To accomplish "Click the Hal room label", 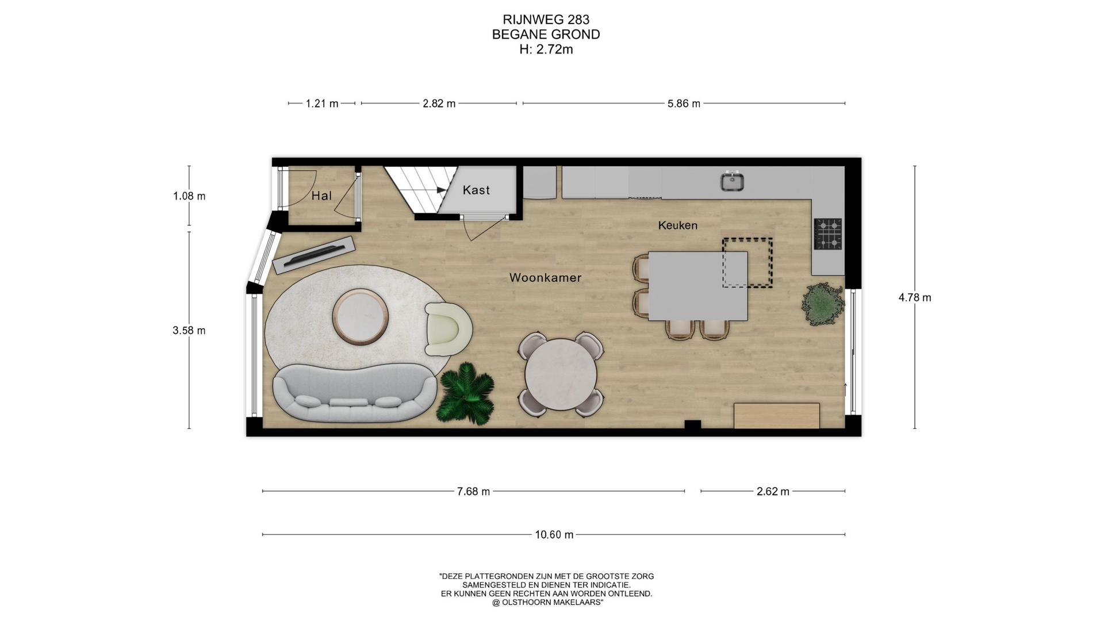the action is pos(321,196).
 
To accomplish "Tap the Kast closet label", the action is pos(476,190).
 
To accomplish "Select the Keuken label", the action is pos(677,225).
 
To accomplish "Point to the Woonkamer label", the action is pos(545,278).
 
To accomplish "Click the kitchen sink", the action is pos(732,182).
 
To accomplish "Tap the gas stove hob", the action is pos(828,234).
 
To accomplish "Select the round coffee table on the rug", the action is pos(361,317).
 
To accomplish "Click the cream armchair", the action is pos(448,329).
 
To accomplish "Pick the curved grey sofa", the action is pos(354,393).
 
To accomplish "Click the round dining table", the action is pos(561,374).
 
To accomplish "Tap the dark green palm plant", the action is pos(466,394).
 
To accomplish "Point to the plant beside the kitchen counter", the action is pos(823,304).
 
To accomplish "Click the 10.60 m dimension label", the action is pos(554,535).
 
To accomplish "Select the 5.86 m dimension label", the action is pos(684,103).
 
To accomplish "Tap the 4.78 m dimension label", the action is pos(915,297).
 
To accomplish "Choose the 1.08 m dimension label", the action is pos(189,196).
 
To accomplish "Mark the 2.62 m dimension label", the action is pos(773,492).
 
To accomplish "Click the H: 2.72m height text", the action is pos(546,49).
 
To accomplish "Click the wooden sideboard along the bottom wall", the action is pos(777,416).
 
